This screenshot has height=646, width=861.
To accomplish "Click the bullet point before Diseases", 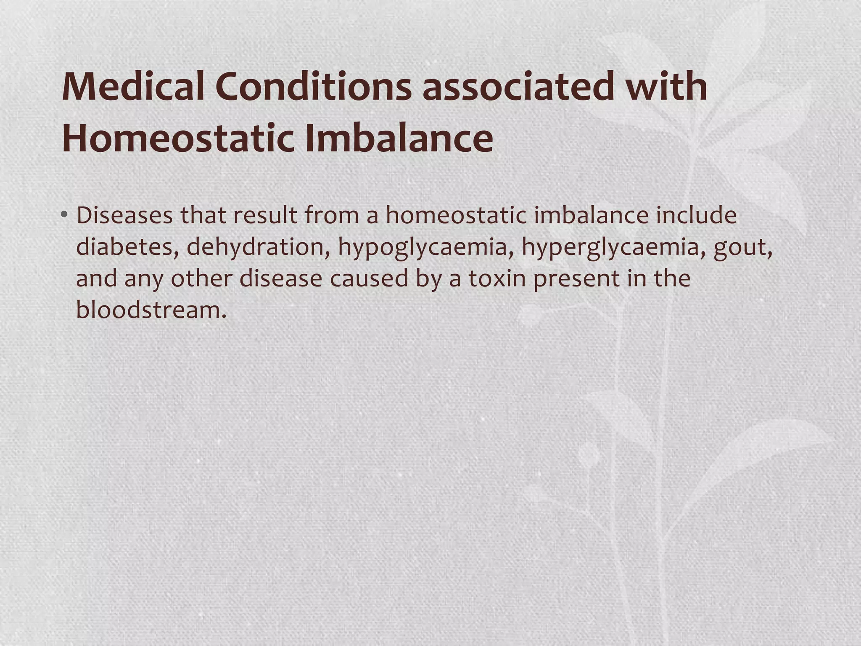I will coord(64,215).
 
